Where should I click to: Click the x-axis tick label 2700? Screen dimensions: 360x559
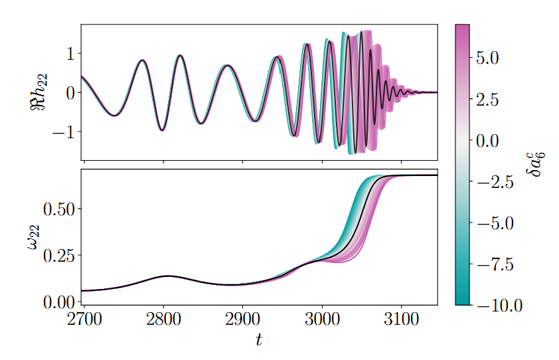click(84, 319)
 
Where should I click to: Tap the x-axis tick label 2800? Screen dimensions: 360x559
click(163, 319)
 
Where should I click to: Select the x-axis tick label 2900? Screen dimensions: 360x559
click(242, 319)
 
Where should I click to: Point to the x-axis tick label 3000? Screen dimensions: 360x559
click(322, 319)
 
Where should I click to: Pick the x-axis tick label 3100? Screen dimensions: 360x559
click(401, 319)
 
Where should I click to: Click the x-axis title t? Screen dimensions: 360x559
click(259, 341)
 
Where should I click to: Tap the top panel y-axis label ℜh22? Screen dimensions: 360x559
click(38, 92)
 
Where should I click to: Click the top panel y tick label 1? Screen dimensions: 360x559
click(70, 54)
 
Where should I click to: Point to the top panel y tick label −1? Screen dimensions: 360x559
click(64, 132)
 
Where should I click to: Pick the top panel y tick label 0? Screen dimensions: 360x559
click(70, 93)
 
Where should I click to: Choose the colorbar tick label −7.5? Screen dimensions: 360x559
click(495, 264)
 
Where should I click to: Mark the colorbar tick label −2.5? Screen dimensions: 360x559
click(495, 182)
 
